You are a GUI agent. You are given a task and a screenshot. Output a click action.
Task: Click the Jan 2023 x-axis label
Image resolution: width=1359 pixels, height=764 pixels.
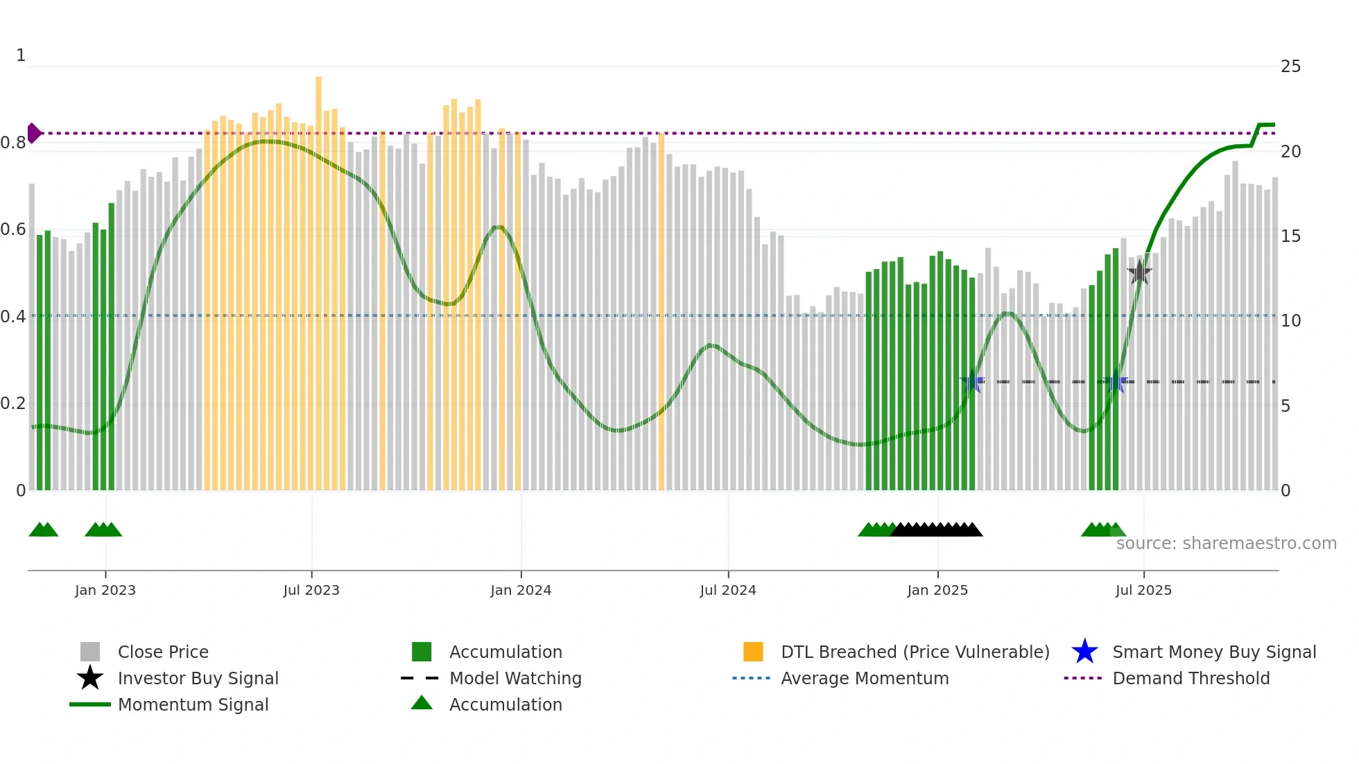click(x=105, y=590)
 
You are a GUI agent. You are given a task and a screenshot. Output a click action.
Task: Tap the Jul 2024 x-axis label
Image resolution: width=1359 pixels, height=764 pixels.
click(x=728, y=590)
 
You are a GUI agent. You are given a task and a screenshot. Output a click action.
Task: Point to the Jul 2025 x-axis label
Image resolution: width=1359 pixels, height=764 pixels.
click(x=1143, y=590)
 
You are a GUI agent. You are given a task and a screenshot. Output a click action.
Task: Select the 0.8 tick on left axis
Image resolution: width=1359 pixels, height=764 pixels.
click(x=13, y=143)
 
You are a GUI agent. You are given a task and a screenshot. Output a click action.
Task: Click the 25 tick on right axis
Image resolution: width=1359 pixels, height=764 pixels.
click(x=1290, y=67)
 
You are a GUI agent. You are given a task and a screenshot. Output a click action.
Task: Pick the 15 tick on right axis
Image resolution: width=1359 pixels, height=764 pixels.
click(x=1290, y=236)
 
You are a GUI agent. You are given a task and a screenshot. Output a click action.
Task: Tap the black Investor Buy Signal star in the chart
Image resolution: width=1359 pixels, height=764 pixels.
click(x=1139, y=272)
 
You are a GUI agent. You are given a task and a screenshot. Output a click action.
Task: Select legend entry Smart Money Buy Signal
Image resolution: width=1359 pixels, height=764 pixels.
click(x=1213, y=652)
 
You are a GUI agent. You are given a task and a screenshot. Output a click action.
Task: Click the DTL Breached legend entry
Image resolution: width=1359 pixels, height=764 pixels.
click(x=915, y=652)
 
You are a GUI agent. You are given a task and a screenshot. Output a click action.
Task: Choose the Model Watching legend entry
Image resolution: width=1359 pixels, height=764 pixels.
click(x=514, y=678)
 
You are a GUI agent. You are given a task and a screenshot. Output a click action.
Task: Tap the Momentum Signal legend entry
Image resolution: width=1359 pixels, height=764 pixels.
click(x=193, y=704)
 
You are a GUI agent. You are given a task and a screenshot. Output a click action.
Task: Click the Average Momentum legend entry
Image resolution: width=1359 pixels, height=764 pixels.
click(x=864, y=678)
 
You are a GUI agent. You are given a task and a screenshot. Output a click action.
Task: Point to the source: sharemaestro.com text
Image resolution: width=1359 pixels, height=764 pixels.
click(x=1226, y=543)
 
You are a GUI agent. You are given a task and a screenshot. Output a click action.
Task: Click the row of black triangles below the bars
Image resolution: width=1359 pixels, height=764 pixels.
click(x=936, y=530)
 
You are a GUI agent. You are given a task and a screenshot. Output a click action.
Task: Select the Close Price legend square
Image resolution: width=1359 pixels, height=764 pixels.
click(x=90, y=652)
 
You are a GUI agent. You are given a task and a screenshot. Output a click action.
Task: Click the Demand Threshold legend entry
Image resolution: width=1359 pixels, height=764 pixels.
click(x=1191, y=678)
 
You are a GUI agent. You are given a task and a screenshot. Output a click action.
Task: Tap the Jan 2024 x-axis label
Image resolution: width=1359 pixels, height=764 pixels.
click(x=521, y=590)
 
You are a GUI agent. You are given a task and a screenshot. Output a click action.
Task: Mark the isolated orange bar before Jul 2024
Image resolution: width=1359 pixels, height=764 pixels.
click(x=661, y=312)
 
